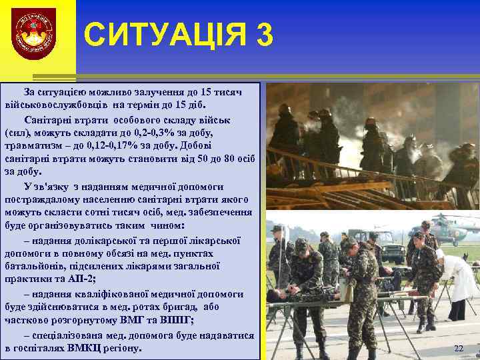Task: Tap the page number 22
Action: tap(458, 349)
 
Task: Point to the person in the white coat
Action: tap(461, 280)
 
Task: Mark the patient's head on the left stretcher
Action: tap(273, 294)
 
